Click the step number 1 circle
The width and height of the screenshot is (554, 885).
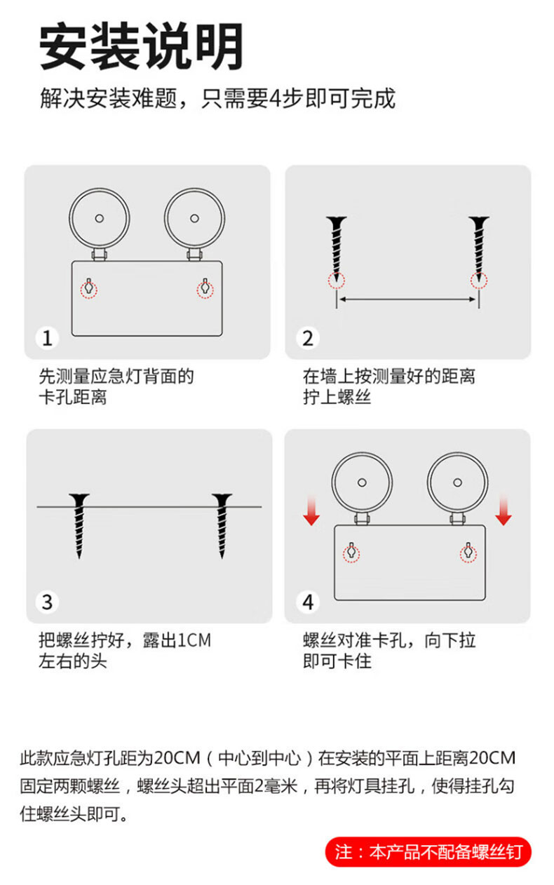[47, 338]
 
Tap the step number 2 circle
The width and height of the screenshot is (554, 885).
[308, 338]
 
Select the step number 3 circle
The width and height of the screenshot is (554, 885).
[47, 602]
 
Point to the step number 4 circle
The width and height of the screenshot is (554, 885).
[308, 602]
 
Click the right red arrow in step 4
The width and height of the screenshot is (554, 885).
[504, 510]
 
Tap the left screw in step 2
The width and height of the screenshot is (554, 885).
[337, 250]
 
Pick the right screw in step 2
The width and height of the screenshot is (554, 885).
[479, 250]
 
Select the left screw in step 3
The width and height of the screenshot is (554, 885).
[79, 526]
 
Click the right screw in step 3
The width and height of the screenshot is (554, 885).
[222, 526]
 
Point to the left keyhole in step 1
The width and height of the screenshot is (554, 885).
[89, 288]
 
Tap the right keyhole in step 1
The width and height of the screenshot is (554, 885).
[205, 288]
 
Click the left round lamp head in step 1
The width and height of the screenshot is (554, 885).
[99, 219]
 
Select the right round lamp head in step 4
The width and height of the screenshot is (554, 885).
[458, 482]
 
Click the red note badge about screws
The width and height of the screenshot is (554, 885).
[428, 852]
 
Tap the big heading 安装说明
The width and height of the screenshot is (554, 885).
[141, 46]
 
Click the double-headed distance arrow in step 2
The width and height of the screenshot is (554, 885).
[407, 299]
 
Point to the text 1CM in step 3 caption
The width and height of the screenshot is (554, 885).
[194, 640]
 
